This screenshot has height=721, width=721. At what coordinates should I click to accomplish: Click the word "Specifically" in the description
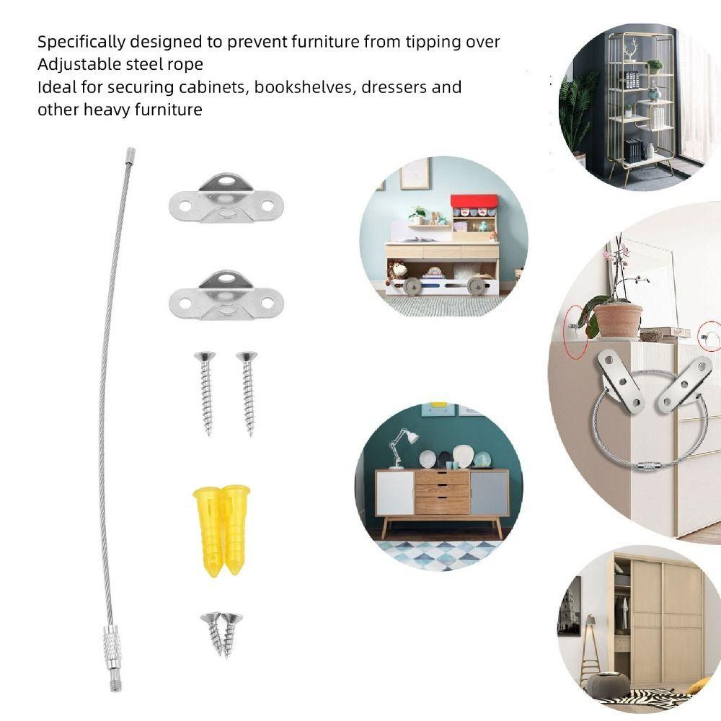(81, 43)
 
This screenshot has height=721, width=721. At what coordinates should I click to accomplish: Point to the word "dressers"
(394, 87)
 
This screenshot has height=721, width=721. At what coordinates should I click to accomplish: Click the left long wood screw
(205, 393)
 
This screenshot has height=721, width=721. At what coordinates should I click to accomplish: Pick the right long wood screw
(247, 393)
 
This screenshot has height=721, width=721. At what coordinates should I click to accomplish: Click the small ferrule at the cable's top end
(130, 156)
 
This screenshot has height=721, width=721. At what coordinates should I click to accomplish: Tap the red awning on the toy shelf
(474, 201)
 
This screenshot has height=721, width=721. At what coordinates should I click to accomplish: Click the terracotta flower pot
(618, 321)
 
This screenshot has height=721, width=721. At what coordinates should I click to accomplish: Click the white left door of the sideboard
(395, 493)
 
